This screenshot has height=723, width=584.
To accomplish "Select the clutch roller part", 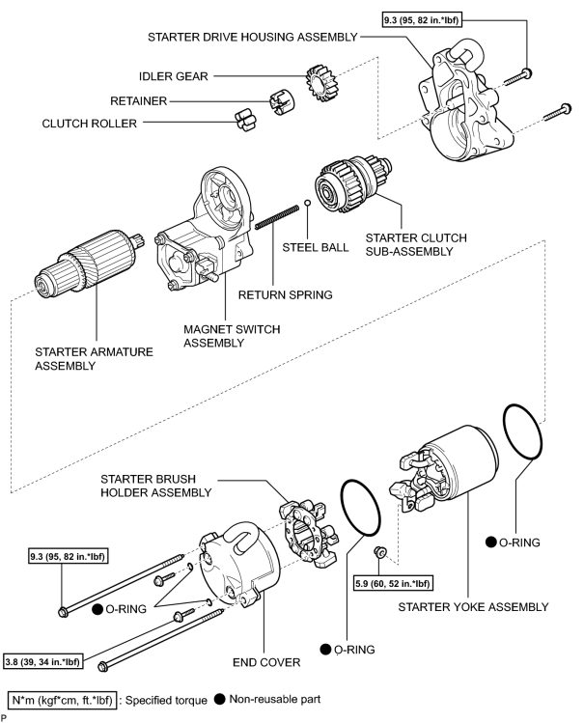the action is (x=246, y=121).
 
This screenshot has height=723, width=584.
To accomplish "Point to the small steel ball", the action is (x=307, y=203).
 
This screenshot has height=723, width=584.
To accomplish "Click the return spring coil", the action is (x=277, y=217).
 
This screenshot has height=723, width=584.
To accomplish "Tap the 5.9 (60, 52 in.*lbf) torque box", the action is (x=393, y=583).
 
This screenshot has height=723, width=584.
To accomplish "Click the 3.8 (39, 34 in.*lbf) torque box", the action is (x=43, y=662).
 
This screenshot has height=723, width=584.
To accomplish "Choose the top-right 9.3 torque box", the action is (x=422, y=20).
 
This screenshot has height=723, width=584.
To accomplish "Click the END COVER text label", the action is (x=266, y=662).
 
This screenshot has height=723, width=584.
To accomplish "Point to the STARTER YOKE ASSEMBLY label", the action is (x=473, y=607).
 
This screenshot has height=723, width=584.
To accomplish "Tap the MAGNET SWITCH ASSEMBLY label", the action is (x=232, y=336).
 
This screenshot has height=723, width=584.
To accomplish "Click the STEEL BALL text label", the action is (x=316, y=248).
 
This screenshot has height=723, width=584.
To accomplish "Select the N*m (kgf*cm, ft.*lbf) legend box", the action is (x=62, y=701).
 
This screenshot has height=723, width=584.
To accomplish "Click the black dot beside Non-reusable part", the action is (x=220, y=700).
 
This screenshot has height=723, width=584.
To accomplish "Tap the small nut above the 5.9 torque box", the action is (x=379, y=551).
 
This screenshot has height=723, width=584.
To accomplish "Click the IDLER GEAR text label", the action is (x=174, y=76).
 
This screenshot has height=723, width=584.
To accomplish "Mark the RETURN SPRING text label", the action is (x=286, y=294).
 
